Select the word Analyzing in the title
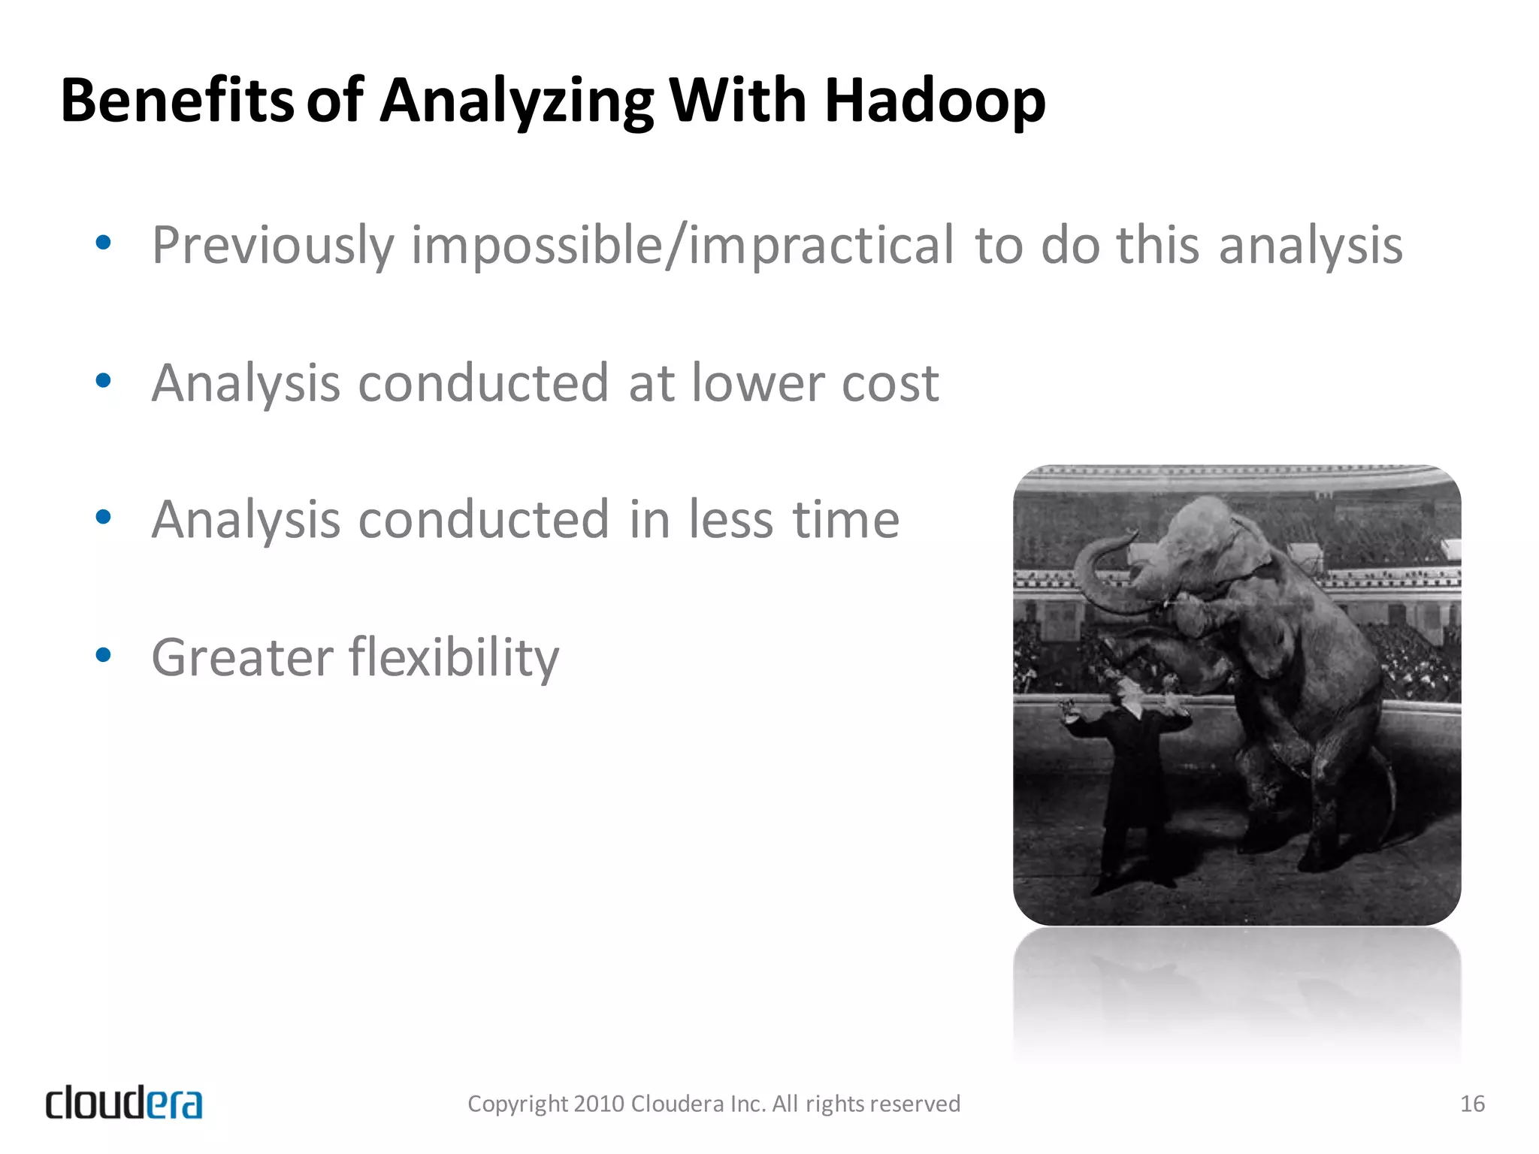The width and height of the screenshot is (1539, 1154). [517, 102]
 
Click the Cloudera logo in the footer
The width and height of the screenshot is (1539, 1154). [124, 1103]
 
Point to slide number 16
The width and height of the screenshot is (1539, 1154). [1471, 1104]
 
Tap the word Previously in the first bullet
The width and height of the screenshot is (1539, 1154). [272, 246]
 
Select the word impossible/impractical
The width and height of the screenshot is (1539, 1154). [682, 246]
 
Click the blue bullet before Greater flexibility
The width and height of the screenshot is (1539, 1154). [104, 655]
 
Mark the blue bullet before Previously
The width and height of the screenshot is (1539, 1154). [104, 243]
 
